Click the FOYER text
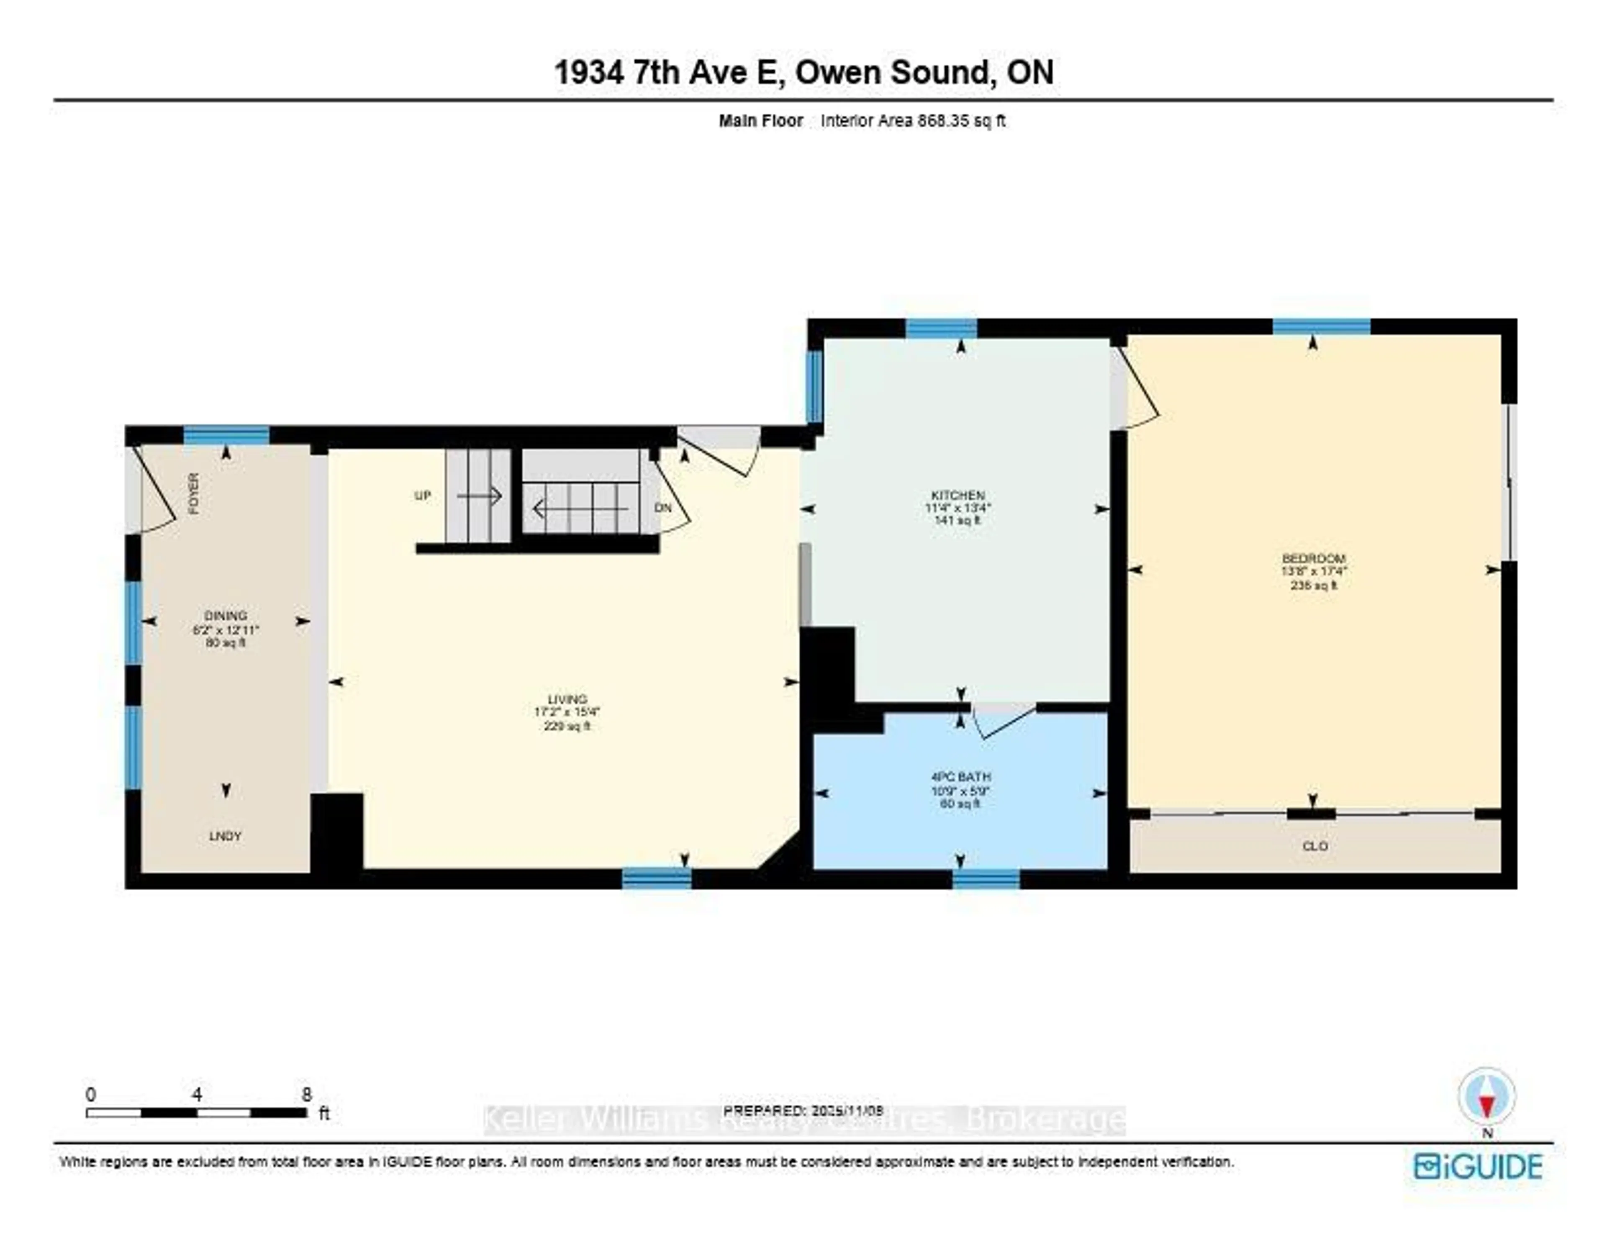tap(193, 493)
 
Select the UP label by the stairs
tap(422, 496)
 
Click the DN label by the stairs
tap(663, 508)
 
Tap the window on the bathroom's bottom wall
tap(986, 879)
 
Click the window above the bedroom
tap(1322, 327)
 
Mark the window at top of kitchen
tap(941, 328)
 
